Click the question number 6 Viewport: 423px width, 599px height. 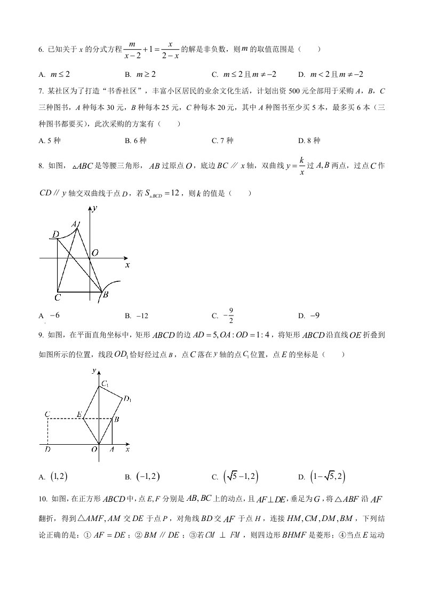coord(41,50)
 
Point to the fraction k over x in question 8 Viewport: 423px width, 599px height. coord(301,166)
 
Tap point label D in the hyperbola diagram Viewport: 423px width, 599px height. coord(55,234)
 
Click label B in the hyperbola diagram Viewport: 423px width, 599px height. coord(106,294)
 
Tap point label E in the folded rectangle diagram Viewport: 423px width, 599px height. coord(79,414)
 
